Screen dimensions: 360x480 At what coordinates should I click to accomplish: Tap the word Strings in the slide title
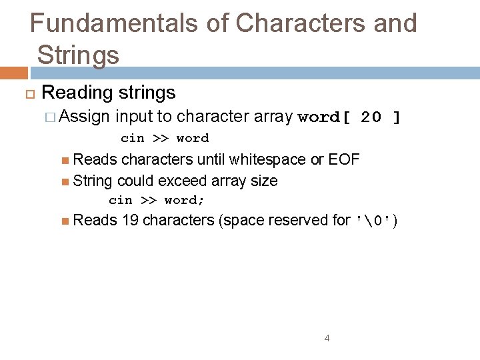[79, 54]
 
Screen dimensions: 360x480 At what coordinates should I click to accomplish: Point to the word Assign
[85, 117]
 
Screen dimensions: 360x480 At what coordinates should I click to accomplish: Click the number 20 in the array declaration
[371, 118]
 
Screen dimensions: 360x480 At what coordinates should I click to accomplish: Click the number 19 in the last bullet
[131, 220]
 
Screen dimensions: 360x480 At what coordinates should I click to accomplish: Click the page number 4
[327, 339]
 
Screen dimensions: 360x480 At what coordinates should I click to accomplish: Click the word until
[211, 160]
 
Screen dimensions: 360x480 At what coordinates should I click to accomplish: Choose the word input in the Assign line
[134, 117]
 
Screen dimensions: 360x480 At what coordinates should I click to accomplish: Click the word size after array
[263, 181]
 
